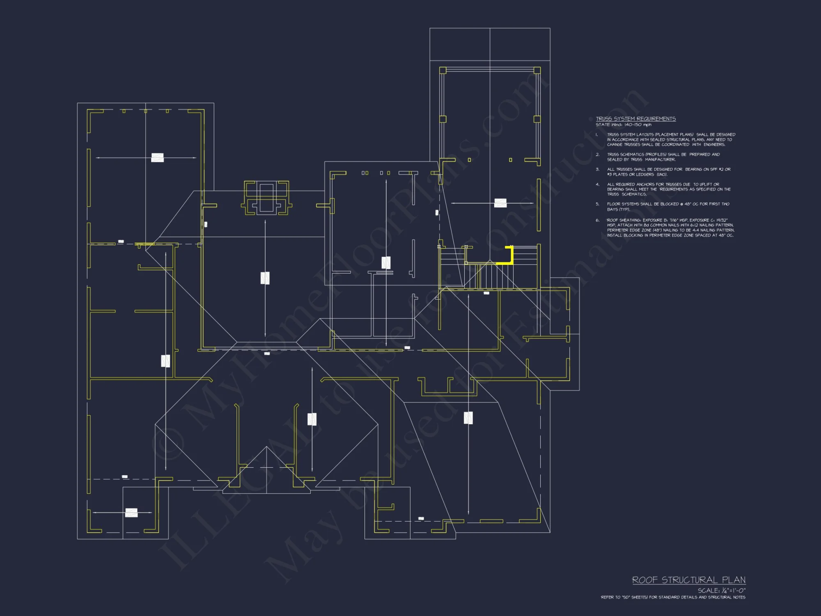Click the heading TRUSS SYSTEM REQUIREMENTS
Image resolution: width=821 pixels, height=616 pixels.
tap(635, 119)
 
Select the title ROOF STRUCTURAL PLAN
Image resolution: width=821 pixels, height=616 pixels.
tap(688, 580)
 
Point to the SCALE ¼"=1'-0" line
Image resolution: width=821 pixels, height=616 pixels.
tap(721, 591)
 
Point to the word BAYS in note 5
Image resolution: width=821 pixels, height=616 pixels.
tap(613, 209)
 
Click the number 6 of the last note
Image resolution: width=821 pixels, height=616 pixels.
tap(597, 221)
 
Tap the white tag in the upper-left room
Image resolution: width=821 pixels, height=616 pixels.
tap(157, 157)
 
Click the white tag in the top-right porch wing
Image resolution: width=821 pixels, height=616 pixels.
tap(500, 203)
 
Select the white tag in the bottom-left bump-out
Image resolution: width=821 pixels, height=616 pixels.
tap(131, 513)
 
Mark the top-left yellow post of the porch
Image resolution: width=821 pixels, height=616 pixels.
tap(443, 71)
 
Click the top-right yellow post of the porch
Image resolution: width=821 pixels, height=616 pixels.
tap(537, 71)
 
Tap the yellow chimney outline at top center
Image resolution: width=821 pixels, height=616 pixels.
tap(266, 198)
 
